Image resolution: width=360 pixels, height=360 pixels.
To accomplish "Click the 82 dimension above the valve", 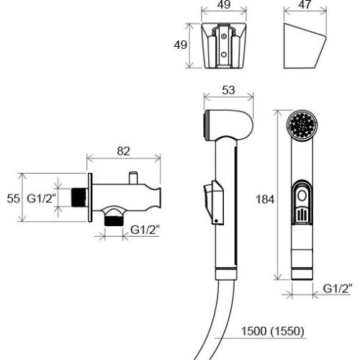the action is click(x=123, y=151).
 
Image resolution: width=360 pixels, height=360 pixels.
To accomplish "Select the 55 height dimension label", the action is click(x=14, y=199).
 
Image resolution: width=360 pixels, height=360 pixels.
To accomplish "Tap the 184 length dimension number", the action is click(x=265, y=199).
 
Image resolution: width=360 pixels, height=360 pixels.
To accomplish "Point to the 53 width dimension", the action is click(x=228, y=90).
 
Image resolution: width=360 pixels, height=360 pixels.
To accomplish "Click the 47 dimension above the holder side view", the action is click(x=305, y=5).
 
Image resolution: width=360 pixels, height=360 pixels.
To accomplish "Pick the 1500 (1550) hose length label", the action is click(x=272, y=331).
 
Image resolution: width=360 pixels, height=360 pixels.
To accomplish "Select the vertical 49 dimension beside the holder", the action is click(x=180, y=45).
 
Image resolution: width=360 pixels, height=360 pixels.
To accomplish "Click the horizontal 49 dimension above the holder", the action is click(x=224, y=5).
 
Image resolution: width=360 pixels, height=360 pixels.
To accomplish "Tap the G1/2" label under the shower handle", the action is click(x=338, y=288).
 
